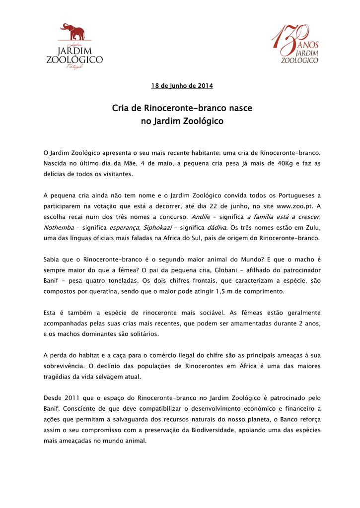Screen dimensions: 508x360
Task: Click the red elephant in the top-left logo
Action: click(72, 32)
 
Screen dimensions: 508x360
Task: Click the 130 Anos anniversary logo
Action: click(294, 45)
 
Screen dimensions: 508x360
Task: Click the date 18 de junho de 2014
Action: click(182, 86)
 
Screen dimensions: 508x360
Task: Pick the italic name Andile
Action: click(201, 217)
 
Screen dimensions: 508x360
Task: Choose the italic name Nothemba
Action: click(59, 227)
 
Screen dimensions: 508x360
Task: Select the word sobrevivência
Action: click(68, 366)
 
